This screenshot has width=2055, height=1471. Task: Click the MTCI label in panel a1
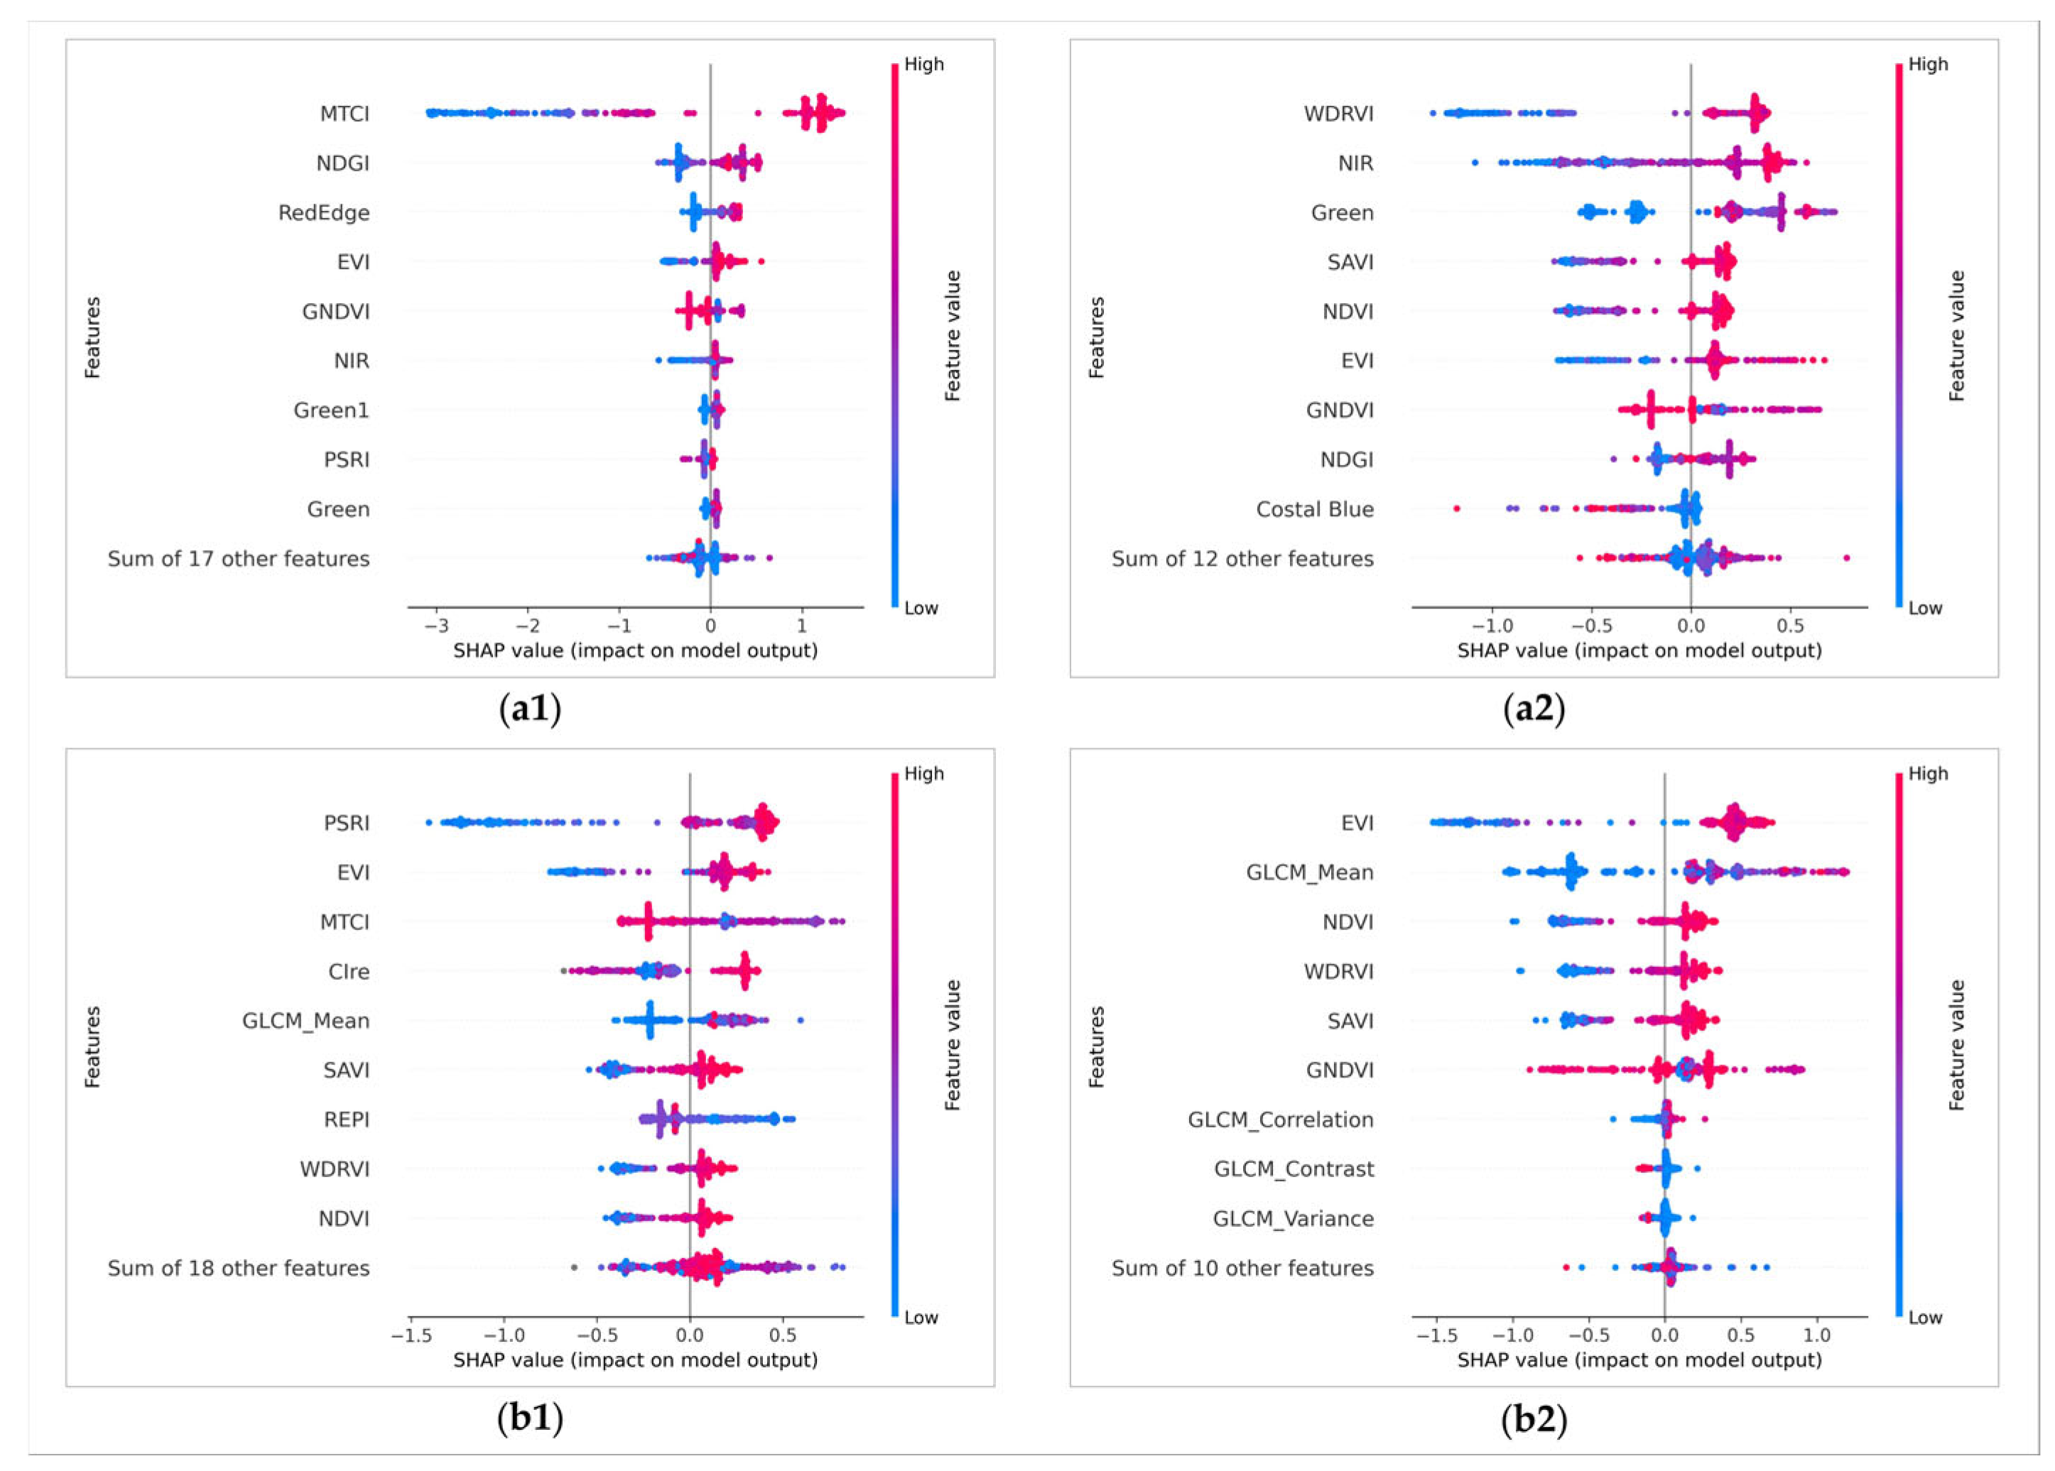(x=345, y=114)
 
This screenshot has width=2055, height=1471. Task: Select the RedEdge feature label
(x=323, y=213)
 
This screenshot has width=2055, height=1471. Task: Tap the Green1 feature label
(x=331, y=410)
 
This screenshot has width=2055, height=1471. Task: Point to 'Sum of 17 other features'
(x=238, y=559)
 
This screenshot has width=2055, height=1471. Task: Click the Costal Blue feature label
(x=1315, y=509)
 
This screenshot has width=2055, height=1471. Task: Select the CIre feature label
(x=349, y=972)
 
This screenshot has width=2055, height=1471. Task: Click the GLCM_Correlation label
(x=1280, y=1120)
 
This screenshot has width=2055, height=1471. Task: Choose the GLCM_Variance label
(x=1293, y=1219)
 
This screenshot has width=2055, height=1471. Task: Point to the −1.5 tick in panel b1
(x=408, y=1335)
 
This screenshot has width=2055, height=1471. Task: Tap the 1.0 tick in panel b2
(x=1817, y=1335)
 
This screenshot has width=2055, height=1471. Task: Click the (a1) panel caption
(x=530, y=709)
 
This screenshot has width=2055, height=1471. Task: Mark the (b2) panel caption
(x=1534, y=1418)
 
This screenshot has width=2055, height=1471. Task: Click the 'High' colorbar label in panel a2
(x=1928, y=65)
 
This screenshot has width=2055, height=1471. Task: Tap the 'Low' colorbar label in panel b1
(x=921, y=1318)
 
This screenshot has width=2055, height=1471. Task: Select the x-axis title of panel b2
(x=1639, y=1360)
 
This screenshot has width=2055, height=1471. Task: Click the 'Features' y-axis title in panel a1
(x=92, y=337)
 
